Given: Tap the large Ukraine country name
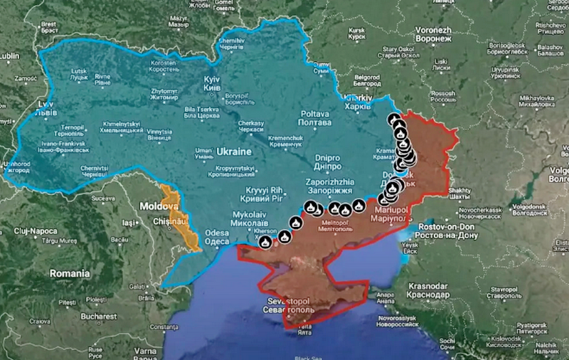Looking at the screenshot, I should pos(235,152).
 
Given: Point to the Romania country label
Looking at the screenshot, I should pos(69,273).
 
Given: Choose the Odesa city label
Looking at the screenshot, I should pos(217,237).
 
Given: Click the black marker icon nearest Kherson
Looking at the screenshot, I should pos(265,242).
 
